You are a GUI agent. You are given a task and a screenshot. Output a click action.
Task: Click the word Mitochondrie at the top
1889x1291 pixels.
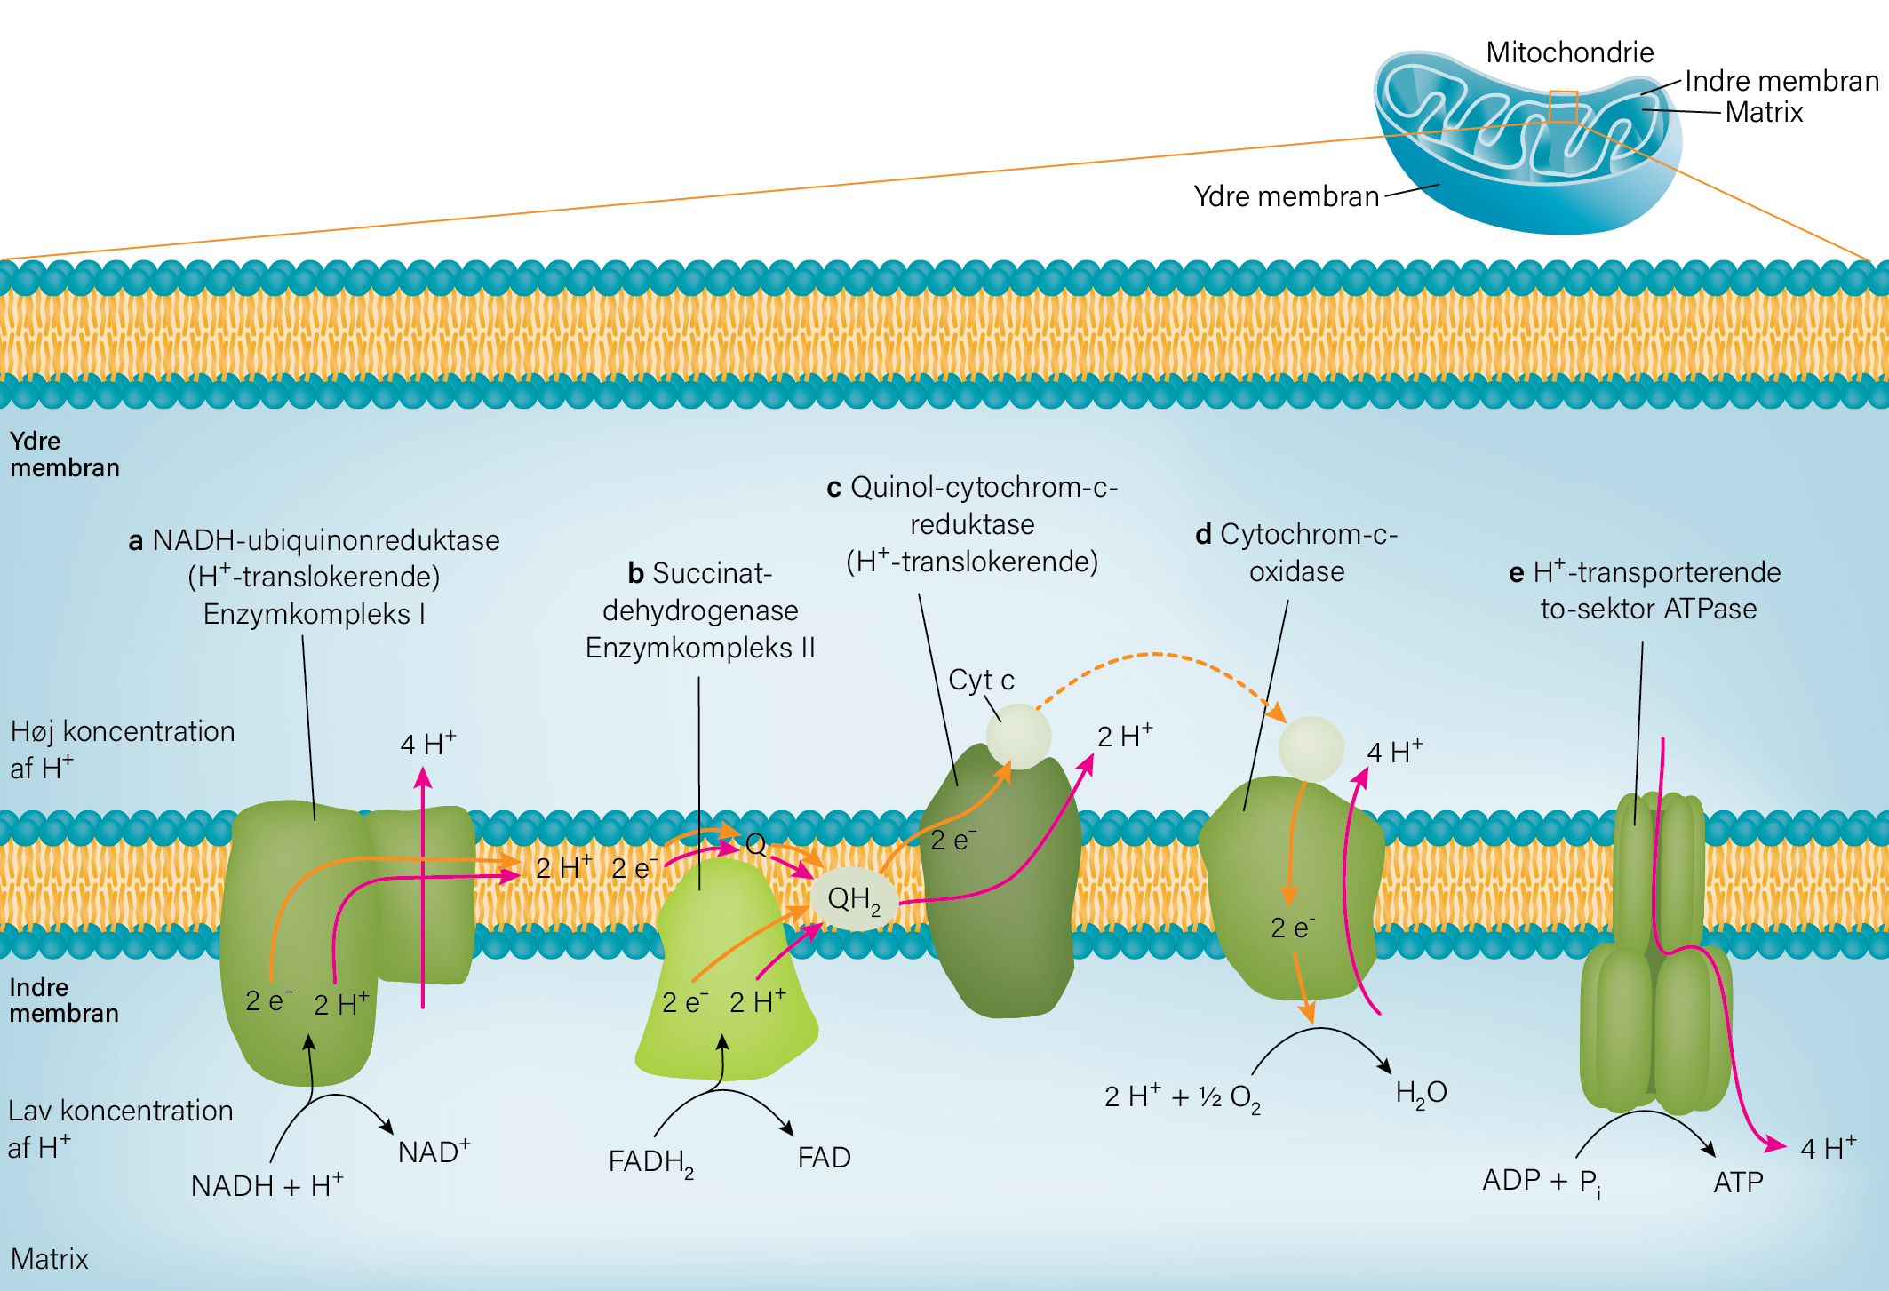[x=1569, y=52]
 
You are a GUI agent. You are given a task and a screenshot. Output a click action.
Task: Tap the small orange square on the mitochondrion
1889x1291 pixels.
[x=1563, y=107]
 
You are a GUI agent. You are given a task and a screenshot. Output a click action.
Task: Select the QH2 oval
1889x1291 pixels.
[x=854, y=898]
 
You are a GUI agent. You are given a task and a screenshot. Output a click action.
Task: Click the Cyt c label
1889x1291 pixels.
[x=981, y=680]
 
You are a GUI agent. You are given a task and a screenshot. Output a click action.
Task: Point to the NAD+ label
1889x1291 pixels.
[x=434, y=1151]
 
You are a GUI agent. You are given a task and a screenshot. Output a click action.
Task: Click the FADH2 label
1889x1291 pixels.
[x=650, y=1161]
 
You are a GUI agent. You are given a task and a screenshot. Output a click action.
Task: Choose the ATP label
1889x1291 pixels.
[x=1738, y=1183]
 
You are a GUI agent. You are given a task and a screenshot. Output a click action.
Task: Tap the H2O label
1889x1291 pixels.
[x=1421, y=1093]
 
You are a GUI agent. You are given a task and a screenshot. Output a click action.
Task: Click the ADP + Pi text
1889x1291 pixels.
[x=1542, y=1182]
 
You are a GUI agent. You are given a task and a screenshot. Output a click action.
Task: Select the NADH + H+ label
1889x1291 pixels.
[x=267, y=1184]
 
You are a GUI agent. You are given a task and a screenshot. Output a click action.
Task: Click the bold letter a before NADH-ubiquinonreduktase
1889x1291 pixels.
[x=135, y=541]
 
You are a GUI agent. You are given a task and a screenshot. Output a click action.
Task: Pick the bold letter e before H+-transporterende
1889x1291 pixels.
[x=1516, y=573]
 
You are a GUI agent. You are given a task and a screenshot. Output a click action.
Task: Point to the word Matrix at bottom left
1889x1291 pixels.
[x=50, y=1259]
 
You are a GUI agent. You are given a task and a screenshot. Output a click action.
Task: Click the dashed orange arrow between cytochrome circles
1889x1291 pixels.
[x=1155, y=655]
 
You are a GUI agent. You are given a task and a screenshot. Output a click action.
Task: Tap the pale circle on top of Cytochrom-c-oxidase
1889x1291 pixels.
[x=1311, y=749]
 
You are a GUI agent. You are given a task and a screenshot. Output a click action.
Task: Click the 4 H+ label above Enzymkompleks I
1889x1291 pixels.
[x=428, y=743]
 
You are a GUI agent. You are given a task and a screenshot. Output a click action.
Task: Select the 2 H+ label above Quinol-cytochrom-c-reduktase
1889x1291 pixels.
[x=1125, y=736]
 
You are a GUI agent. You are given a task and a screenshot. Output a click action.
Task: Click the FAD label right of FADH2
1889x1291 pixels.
[x=824, y=1158]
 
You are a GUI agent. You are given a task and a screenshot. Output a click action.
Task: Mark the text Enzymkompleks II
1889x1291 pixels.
[x=700, y=648]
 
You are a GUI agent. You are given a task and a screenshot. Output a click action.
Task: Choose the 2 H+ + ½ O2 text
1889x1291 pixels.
[x=1182, y=1097]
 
